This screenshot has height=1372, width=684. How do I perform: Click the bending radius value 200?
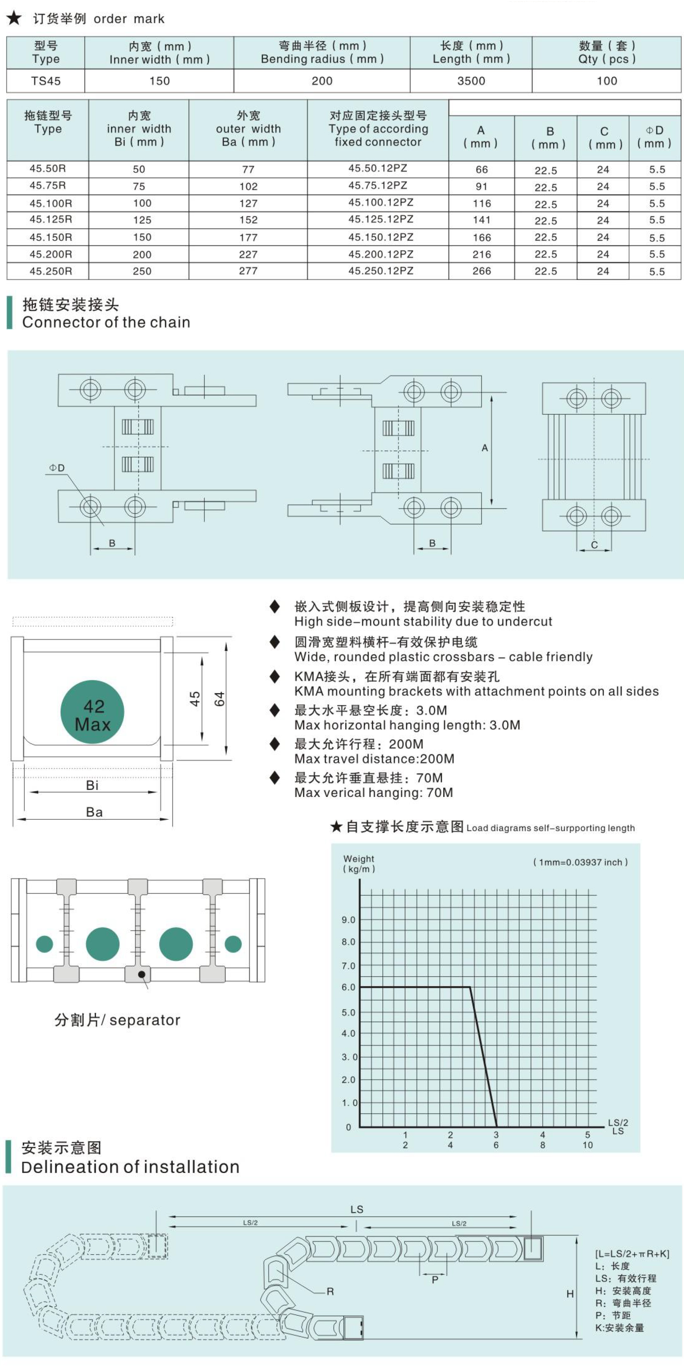point(322,81)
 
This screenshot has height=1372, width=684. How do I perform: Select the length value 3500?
point(471,81)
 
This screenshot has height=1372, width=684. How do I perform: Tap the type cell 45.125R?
point(51,220)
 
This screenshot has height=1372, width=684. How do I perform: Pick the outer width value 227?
point(248,254)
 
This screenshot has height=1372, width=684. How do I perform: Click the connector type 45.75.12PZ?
point(378,185)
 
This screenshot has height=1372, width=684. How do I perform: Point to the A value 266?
point(482,271)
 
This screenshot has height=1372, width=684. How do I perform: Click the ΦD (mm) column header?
point(654,137)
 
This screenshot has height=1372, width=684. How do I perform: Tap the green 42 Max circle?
point(93,712)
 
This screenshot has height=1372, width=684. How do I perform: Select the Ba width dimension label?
point(94,812)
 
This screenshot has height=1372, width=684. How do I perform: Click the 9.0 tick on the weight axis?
point(349,920)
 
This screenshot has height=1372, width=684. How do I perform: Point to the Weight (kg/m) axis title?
point(359,864)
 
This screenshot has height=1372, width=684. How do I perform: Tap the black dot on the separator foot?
point(142,974)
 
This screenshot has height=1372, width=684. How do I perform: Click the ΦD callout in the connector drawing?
point(57,468)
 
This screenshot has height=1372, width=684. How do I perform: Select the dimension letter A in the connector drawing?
point(484,448)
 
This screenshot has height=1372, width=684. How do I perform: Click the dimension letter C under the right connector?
point(594,545)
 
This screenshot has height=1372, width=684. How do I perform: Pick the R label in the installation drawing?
point(330,1291)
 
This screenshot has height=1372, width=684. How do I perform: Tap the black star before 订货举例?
point(14,18)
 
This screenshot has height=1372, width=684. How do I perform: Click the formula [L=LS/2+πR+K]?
point(632,1254)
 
